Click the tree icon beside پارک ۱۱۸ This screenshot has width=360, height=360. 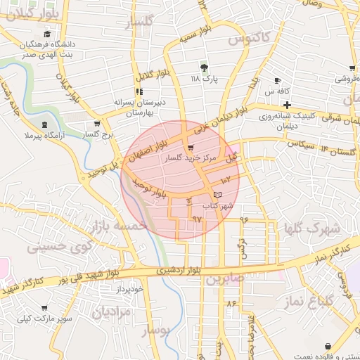[205, 67]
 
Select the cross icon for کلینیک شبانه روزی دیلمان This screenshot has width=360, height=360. [288, 105]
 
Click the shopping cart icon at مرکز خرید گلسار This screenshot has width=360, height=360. [191, 148]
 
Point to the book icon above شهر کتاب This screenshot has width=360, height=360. [217, 193]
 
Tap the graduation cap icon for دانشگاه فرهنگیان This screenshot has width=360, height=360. [47, 34]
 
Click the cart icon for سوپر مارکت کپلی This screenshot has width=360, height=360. [44, 308]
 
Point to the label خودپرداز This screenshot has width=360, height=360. [131, 289]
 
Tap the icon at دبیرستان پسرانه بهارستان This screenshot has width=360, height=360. [139, 91]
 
